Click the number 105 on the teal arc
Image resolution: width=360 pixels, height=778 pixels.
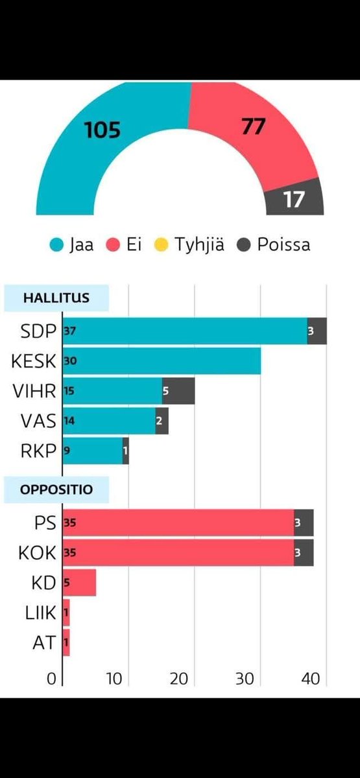tap(102, 130)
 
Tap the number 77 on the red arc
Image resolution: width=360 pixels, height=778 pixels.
tap(253, 126)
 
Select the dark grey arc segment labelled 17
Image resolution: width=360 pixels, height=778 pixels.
tap(294, 199)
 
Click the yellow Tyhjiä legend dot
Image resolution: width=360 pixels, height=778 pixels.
tap(162, 244)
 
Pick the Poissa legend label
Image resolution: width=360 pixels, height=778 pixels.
tap(283, 244)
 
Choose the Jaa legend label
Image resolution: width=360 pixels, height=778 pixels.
tap(81, 244)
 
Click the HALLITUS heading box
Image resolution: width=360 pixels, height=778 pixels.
tap(56, 298)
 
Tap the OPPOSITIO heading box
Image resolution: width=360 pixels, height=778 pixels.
tap(56, 489)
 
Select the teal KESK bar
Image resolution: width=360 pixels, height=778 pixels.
tap(162, 361)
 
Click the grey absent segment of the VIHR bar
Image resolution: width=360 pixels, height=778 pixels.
tap(178, 391)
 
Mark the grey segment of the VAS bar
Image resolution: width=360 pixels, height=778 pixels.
tap(162, 421)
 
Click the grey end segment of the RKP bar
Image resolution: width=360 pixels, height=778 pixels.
tap(126, 451)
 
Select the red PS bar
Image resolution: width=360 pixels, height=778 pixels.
tap(178, 523)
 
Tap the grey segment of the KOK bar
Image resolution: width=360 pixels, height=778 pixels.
tap(304, 552)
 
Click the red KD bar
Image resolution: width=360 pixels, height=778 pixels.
tap(80, 582)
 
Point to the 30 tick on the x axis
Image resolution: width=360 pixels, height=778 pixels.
tap(244, 679)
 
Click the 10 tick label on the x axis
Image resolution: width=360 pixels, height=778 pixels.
tap(114, 679)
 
